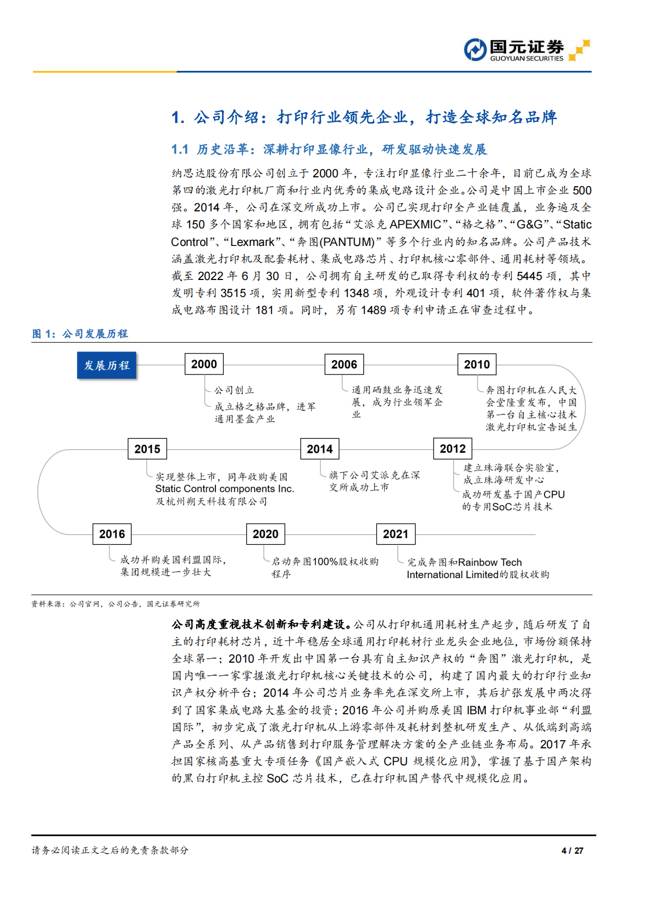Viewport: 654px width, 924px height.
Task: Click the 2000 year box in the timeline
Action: click(204, 364)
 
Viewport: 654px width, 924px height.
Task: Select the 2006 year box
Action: click(344, 365)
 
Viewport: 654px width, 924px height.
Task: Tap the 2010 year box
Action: click(476, 365)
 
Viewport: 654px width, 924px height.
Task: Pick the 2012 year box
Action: click(452, 449)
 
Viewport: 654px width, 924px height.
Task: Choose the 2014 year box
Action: click(319, 449)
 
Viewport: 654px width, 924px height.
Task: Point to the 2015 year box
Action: click(147, 449)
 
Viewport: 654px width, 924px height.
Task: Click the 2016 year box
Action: click(112, 534)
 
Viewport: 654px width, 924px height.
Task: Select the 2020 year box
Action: click(265, 534)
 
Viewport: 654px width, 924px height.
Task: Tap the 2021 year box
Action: click(396, 534)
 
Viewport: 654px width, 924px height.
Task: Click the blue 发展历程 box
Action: click(107, 366)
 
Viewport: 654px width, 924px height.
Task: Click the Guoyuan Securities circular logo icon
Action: click(475, 49)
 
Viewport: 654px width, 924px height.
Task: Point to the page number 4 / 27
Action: click(572, 850)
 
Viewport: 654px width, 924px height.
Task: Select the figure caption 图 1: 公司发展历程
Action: click(80, 334)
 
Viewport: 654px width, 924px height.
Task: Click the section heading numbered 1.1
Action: click(329, 149)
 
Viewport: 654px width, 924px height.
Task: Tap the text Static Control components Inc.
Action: click(224, 489)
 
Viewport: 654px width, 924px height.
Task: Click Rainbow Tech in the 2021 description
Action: click(490, 562)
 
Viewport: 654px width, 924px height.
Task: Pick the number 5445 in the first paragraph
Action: click(529, 276)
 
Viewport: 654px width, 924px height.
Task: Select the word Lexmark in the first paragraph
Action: click(252, 242)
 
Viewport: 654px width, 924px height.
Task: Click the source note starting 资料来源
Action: click(115, 604)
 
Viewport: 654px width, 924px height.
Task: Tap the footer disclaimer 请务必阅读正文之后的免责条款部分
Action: click(110, 850)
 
